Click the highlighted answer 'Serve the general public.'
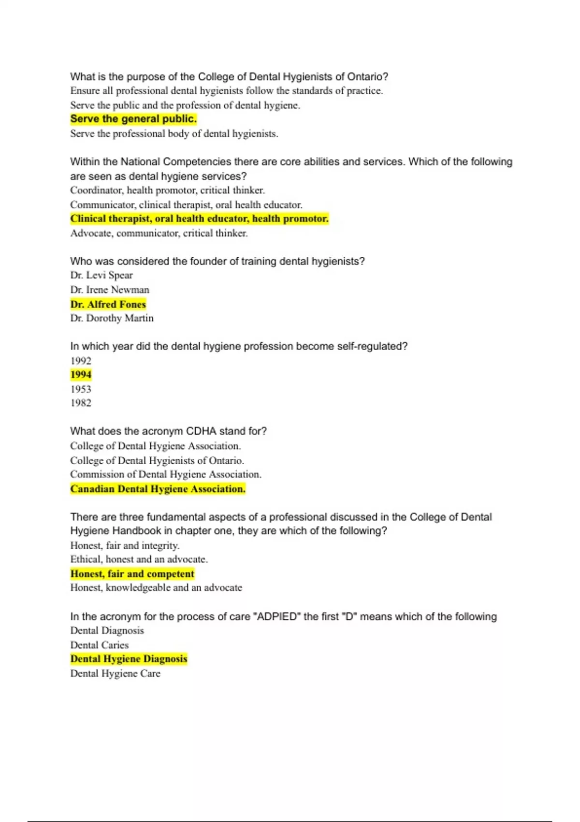[133, 119]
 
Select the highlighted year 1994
[81, 375]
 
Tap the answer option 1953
[81, 389]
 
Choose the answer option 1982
[81, 403]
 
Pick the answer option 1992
[81, 361]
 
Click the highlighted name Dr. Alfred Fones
[108, 304]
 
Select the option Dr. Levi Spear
[101, 276]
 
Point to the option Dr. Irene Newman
[110, 290]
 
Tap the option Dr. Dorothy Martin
[112, 318]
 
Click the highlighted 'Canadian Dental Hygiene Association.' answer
[158, 489]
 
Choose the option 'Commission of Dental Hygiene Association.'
[166, 474]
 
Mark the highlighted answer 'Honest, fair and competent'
[132, 574]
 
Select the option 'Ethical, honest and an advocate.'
[139, 559]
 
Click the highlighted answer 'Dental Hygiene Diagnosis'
[129, 659]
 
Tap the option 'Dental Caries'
[100, 645]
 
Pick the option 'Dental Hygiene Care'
[116, 674]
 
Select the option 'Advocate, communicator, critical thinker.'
[159, 233]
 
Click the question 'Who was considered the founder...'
[217, 262]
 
